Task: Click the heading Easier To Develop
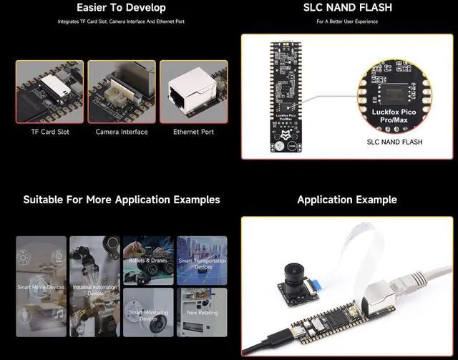[x=121, y=8]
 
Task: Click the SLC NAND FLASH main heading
[x=346, y=8]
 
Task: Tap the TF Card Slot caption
[x=49, y=132]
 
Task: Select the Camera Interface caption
[x=122, y=132]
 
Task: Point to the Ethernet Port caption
[x=193, y=132]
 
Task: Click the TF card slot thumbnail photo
[x=49, y=92]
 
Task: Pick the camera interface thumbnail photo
[x=122, y=92]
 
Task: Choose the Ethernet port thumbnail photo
[x=193, y=92]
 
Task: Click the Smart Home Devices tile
[x=41, y=287]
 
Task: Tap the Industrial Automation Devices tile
[x=94, y=287]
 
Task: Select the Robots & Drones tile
[x=148, y=260]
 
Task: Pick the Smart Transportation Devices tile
[x=202, y=260]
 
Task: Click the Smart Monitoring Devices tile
[x=148, y=313]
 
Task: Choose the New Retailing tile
[x=202, y=313]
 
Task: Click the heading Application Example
[x=346, y=200]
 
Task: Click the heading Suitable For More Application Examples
[x=121, y=200]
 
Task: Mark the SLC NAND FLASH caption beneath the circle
[x=394, y=142]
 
